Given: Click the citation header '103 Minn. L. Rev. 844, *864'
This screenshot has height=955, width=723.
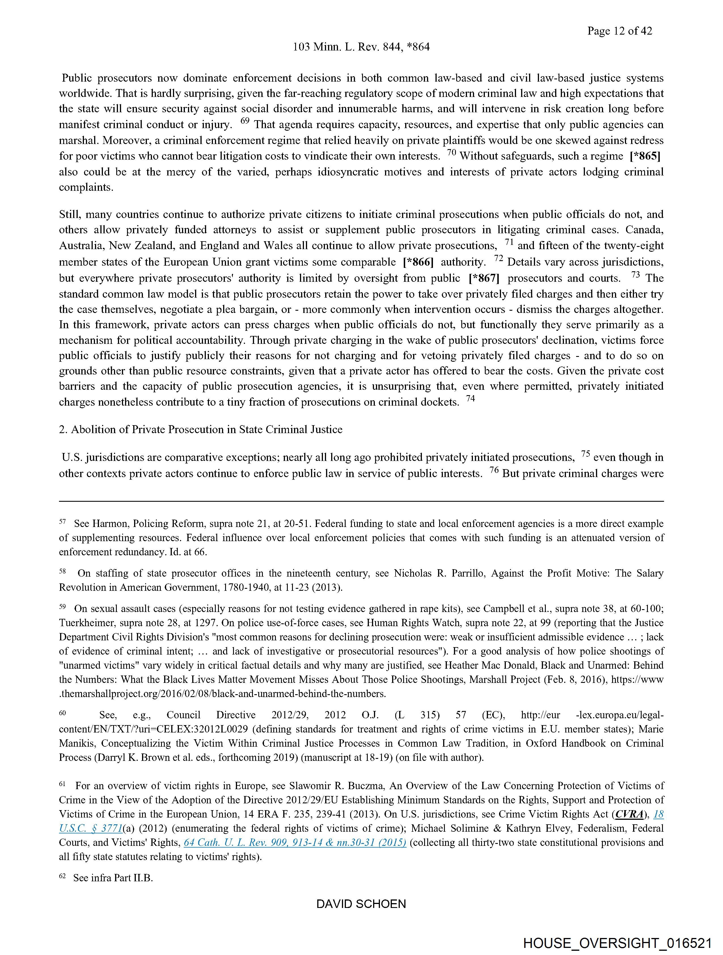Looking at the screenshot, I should pyautogui.click(x=361, y=46).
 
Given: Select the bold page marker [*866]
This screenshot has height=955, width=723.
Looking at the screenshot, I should pyautogui.click(x=418, y=262).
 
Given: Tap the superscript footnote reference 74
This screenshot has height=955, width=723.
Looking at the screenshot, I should pyautogui.click(x=470, y=399).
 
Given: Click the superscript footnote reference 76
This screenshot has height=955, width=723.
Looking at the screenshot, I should pyautogui.click(x=494, y=470).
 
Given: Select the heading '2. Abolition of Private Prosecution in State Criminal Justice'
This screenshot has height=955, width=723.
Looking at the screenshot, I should pyautogui.click(x=201, y=429).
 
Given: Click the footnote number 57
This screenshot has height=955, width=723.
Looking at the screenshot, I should pyautogui.click(x=62, y=522).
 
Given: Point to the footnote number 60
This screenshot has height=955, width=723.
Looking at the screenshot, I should pyautogui.click(x=62, y=713).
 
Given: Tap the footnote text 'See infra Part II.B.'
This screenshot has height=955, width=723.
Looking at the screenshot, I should pyautogui.click(x=113, y=878).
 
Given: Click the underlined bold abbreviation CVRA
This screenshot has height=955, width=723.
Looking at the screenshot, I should pyautogui.click(x=629, y=814).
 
